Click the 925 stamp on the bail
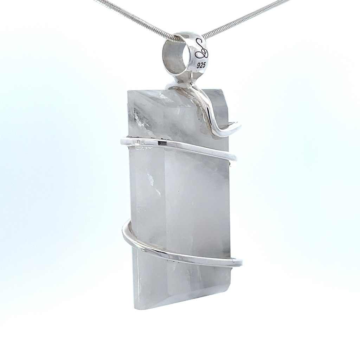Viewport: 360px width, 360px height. coord(201,65)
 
